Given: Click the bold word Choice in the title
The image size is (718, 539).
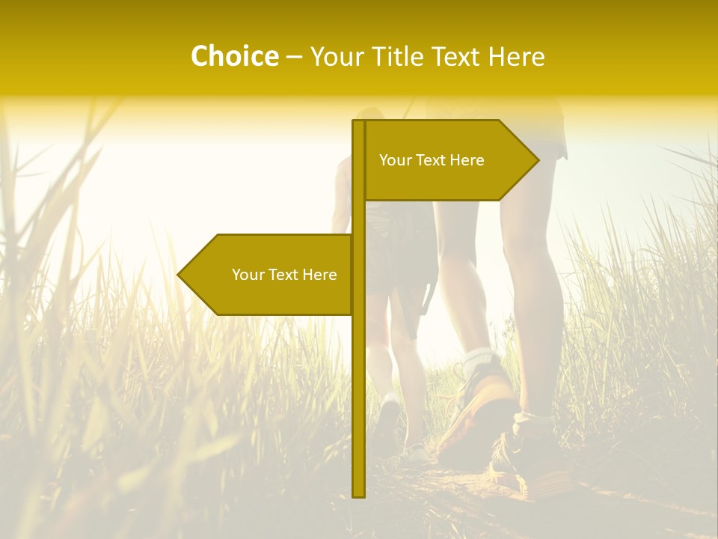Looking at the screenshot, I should coord(234,56).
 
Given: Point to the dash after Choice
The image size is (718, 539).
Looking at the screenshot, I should coord(294,57).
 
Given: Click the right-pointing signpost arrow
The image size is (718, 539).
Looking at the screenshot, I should coord(449,160).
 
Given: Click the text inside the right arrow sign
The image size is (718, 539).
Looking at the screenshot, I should coord(432,160).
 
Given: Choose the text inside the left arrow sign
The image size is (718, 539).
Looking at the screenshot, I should coord(284,275).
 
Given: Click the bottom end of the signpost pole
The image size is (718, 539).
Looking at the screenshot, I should coord(358,493).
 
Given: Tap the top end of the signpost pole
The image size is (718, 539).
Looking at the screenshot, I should coord(358,123).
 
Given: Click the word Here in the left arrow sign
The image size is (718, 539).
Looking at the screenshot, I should coord(319,275).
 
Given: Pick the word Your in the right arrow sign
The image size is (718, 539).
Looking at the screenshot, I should coord(394,160).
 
